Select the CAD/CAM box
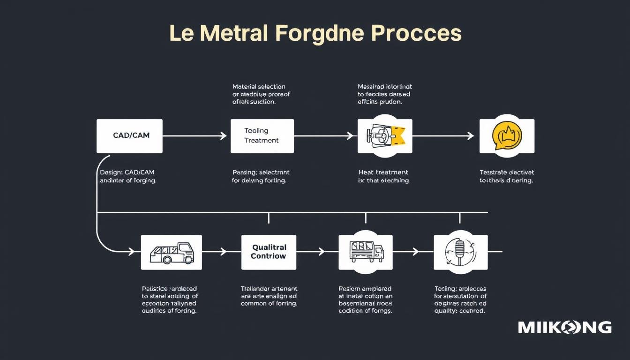(x=130, y=135)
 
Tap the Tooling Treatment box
(x=262, y=135)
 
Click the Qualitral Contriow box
(x=269, y=252)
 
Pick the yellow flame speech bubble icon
(x=507, y=135)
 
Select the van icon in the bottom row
(x=172, y=252)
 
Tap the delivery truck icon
(x=366, y=252)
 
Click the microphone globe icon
(x=460, y=252)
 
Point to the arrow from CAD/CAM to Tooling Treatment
(x=195, y=136)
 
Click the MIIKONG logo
(x=564, y=327)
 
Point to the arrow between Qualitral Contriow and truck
(x=310, y=252)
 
